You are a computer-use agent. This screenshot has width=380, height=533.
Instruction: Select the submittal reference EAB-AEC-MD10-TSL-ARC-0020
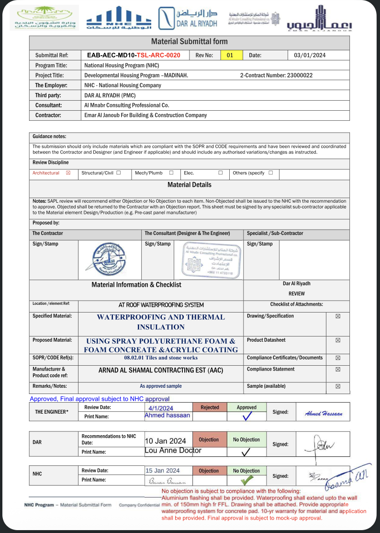pos(134,55)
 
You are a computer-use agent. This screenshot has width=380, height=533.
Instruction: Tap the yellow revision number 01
pos(230,55)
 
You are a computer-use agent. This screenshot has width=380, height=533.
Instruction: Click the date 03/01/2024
pos(310,55)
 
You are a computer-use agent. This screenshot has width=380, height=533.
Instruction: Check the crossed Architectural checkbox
pos(68,173)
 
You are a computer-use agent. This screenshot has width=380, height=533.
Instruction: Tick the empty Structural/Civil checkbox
pos(118,173)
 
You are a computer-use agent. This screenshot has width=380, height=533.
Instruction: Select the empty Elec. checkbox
pos(220,173)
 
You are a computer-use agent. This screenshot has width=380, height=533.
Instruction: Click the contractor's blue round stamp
pos(110,259)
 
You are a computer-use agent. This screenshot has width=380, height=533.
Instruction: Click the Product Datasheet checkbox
pos(338,340)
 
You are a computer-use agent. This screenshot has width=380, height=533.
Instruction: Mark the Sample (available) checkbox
pos(338,386)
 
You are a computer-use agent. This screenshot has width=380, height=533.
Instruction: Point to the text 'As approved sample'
pos(161,386)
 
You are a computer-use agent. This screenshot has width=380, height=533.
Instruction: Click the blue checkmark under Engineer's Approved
pos(247,417)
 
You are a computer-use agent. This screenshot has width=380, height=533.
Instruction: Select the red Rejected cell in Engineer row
pos(210,407)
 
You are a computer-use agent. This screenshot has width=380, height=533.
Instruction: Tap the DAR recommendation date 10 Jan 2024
pos(166,441)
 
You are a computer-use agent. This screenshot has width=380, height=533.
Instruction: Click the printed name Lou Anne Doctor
pos(173,451)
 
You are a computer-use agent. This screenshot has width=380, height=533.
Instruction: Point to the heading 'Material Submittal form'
pos(190,42)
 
